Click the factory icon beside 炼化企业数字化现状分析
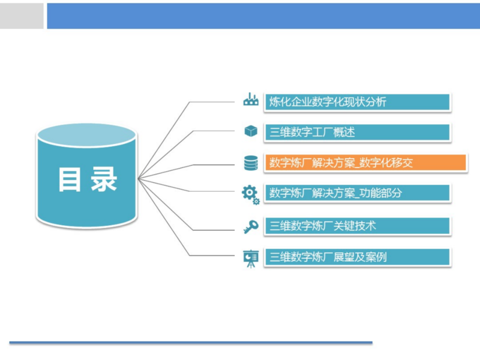click(x=251, y=100)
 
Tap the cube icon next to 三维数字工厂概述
click(x=251, y=131)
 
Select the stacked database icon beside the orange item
click(x=251, y=163)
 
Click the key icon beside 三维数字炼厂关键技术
click(x=251, y=227)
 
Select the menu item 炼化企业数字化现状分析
click(x=357, y=102)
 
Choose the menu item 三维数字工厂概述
click(x=357, y=132)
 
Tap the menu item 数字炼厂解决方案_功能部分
click(x=357, y=193)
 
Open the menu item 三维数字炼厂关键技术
click(x=357, y=226)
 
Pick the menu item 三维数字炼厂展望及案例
click(x=357, y=257)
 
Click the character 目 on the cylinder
click(x=70, y=179)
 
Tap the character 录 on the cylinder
click(x=104, y=179)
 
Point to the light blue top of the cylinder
click(x=87, y=135)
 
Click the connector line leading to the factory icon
click(x=213, y=102)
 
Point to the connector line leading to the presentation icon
click(x=213, y=256)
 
